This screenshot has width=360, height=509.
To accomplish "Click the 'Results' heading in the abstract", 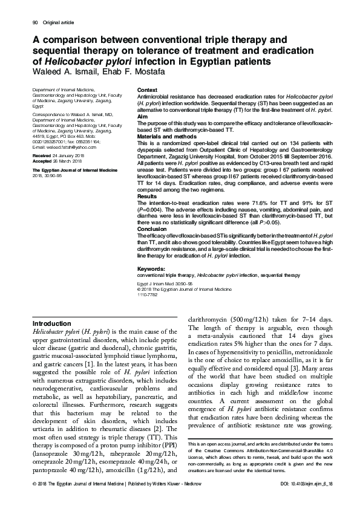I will click(148, 197).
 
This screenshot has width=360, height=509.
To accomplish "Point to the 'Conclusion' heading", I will click(152, 229).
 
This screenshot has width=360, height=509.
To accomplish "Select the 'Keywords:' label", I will click(152, 268).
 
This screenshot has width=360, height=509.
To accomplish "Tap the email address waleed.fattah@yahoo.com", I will click(64, 147).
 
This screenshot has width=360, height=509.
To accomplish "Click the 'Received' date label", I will click(41, 155).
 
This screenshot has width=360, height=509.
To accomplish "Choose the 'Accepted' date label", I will click(42, 161).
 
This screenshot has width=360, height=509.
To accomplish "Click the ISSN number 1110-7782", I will click(148, 294).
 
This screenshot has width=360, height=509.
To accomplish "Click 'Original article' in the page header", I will click(57, 22).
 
